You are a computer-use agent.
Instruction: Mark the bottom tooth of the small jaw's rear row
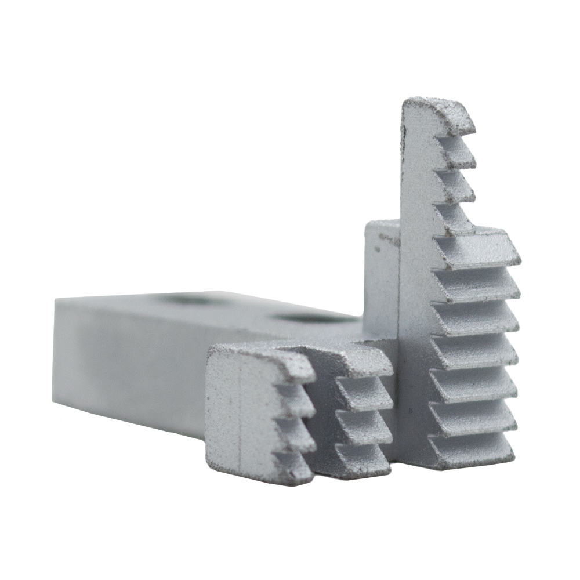pyautogui.click(x=362, y=458)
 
